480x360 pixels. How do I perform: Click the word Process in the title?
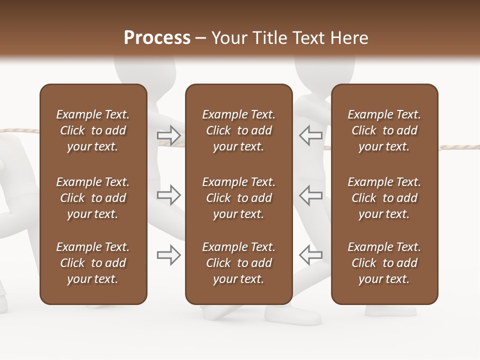tap(157, 38)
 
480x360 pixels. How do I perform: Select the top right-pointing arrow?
tap(168, 135)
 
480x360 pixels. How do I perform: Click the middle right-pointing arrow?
tap(168, 195)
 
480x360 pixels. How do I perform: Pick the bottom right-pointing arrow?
tap(168, 255)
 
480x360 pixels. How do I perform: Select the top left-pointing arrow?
tap(310, 135)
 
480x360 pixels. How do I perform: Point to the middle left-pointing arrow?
tap(310, 195)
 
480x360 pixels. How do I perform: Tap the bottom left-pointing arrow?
tap(310, 255)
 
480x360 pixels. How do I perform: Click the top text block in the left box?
tap(93, 130)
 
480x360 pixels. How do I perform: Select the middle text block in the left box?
tap(93, 198)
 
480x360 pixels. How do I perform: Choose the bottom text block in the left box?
tap(93, 263)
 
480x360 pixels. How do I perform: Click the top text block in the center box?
tap(238, 130)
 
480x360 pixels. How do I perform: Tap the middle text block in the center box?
tap(238, 198)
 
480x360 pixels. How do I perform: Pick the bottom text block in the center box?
tap(238, 263)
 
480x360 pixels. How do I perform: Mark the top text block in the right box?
tap(384, 130)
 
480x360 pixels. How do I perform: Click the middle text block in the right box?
tap(384, 198)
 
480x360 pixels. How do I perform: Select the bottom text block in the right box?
tap(384, 263)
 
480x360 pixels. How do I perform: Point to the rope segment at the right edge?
tap(459, 147)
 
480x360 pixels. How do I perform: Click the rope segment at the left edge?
tap(19, 131)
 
